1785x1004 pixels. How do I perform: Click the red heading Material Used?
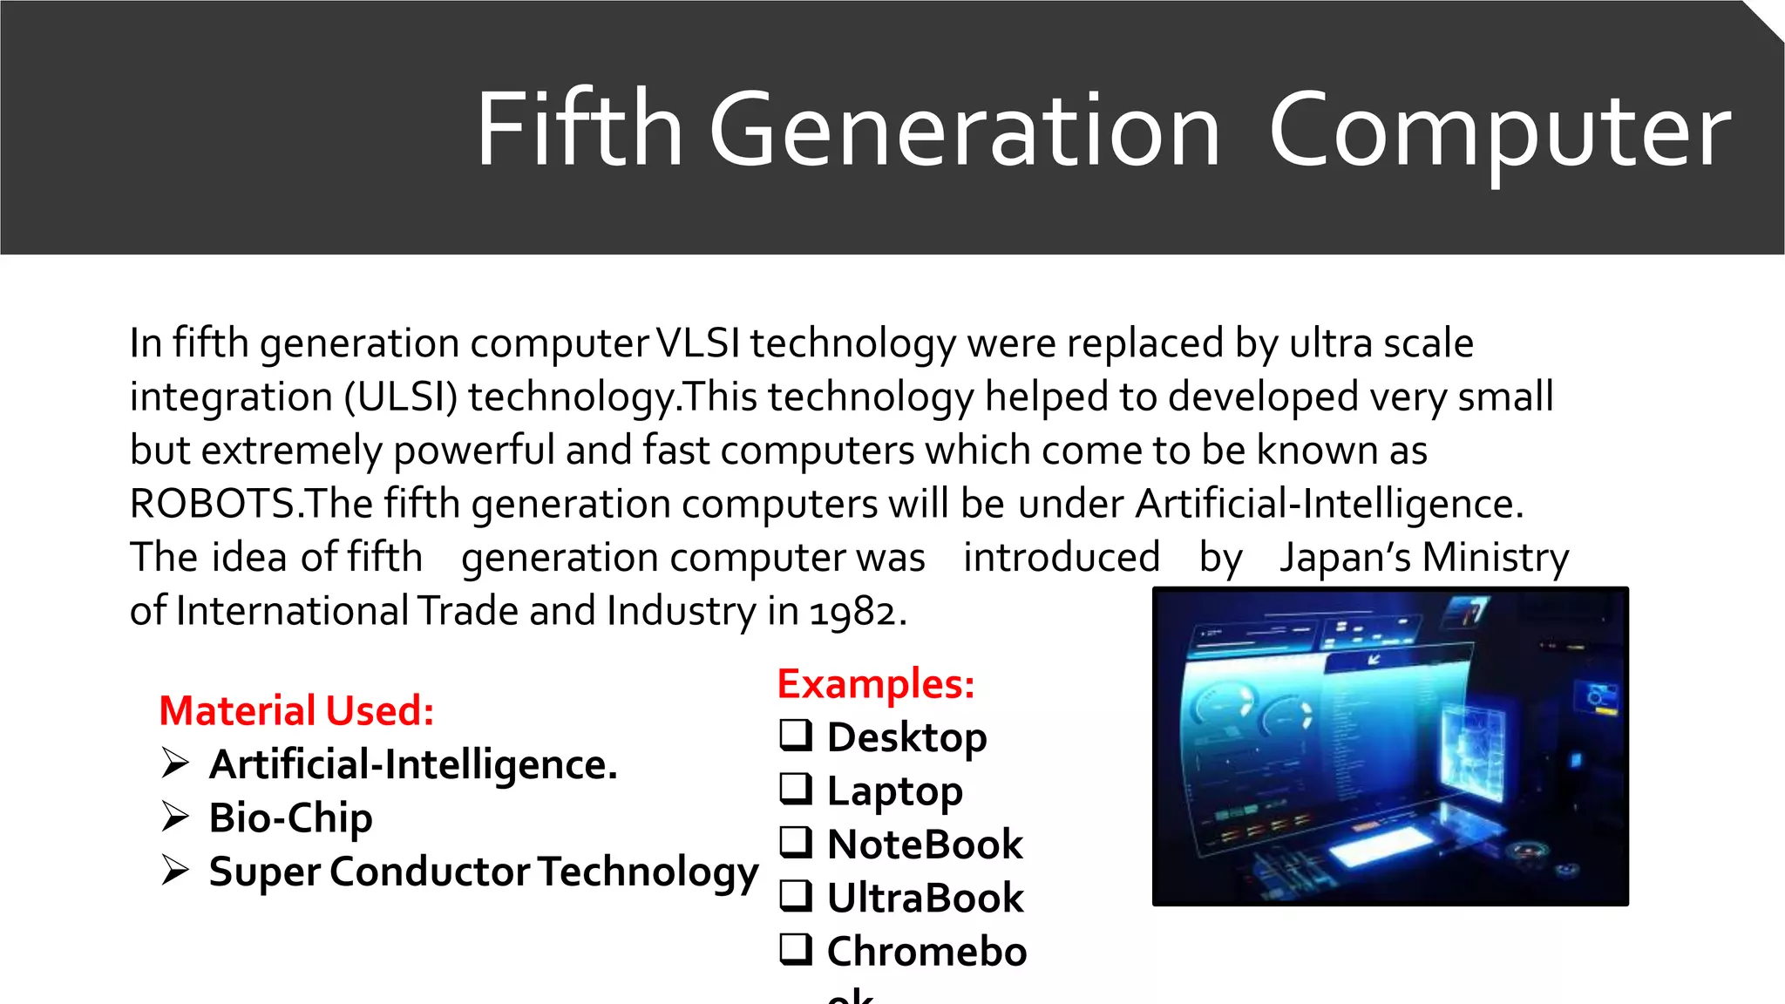296,710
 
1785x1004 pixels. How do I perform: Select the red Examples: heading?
875,683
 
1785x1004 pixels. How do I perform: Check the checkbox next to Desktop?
795,736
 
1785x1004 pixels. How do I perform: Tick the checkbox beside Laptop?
795,789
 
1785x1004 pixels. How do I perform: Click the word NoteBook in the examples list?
924,844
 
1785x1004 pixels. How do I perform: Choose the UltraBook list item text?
924,898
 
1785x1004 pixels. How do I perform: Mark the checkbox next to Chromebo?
795,949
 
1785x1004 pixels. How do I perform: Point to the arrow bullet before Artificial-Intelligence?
175,763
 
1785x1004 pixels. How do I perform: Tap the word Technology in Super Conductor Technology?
648,872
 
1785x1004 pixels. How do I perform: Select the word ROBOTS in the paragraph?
213,504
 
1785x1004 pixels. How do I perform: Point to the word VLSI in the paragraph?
698,343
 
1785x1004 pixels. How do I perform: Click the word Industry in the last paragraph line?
682,612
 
